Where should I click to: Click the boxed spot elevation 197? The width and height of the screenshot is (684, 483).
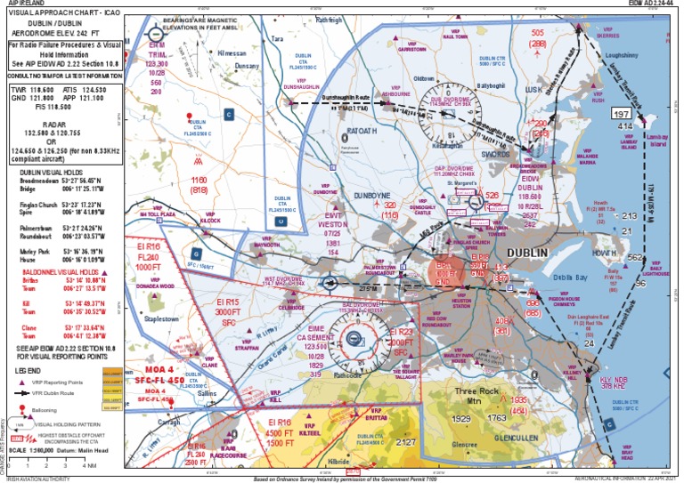tap(620, 114)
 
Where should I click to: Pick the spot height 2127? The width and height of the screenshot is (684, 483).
tap(406, 442)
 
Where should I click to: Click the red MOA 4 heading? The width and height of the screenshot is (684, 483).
tap(160, 366)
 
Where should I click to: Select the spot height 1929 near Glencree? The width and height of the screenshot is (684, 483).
tap(461, 418)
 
